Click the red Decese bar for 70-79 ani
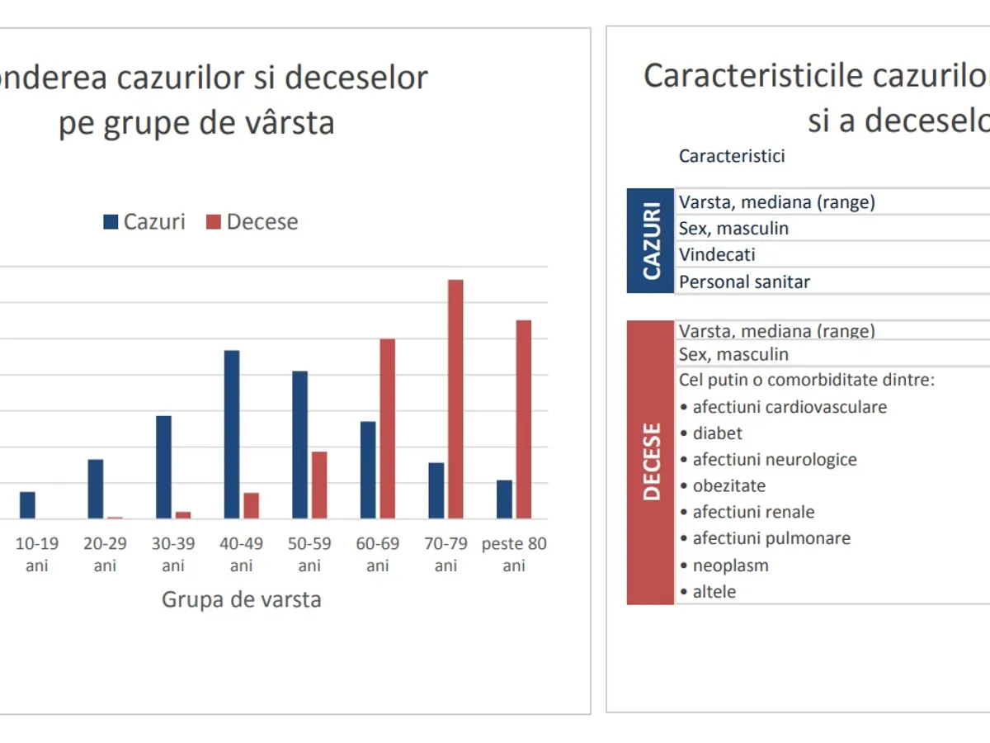click(x=455, y=399)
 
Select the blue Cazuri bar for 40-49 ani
click(x=232, y=434)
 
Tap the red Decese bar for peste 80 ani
click(x=523, y=419)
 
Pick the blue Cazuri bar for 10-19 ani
click(x=28, y=505)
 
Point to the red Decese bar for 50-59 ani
click(x=319, y=485)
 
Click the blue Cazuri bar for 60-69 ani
click(x=368, y=470)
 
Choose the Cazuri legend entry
click(x=144, y=221)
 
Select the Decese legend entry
click(x=252, y=221)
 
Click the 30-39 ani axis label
click(x=173, y=555)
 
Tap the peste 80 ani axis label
click(x=514, y=555)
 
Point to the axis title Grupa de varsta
click(x=241, y=599)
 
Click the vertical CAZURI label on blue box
click(x=651, y=241)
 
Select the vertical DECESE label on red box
click(x=651, y=462)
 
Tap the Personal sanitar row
click(x=744, y=282)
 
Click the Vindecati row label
click(x=717, y=255)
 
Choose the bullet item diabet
click(x=717, y=433)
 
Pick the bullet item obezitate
click(x=728, y=485)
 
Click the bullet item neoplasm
click(x=730, y=566)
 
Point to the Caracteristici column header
click(x=732, y=156)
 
